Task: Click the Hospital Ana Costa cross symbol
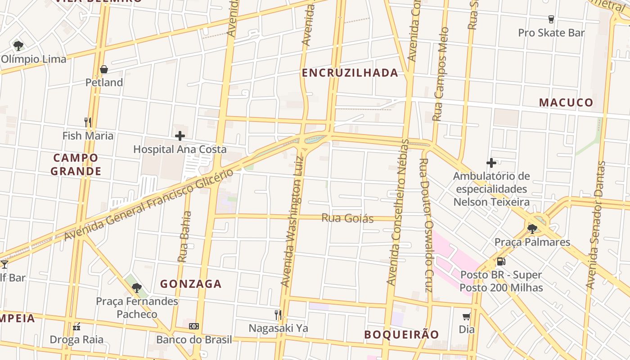click(x=180, y=135)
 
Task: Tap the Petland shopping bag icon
click(x=104, y=69)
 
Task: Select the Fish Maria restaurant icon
click(x=88, y=122)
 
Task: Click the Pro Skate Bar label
click(x=551, y=33)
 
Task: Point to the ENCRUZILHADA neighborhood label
click(x=350, y=73)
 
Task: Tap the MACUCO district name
click(x=566, y=103)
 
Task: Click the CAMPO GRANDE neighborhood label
click(x=76, y=165)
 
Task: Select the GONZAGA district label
click(x=191, y=284)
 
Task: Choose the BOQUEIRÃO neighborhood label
click(x=401, y=335)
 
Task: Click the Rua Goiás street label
click(x=347, y=219)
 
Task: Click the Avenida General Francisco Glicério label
click(x=148, y=205)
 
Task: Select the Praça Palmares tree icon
click(x=532, y=229)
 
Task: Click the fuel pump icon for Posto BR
click(x=501, y=261)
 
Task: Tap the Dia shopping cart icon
click(x=467, y=316)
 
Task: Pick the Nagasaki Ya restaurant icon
click(x=278, y=315)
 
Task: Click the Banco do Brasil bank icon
click(x=194, y=326)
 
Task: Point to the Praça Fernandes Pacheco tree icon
click(x=137, y=288)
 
